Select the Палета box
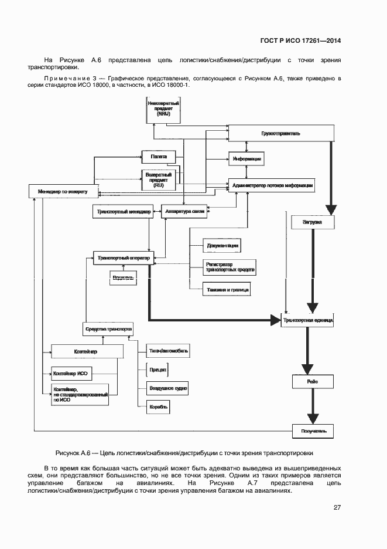[159, 157]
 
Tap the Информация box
[246, 159]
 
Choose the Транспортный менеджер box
[124, 212]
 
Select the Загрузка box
[312, 223]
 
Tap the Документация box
[222, 245]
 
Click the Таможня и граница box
[227, 289]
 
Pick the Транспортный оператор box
[124, 257]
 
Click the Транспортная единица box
[308, 321]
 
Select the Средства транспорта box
[108, 329]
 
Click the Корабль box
[159, 406]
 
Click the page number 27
[337, 507]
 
